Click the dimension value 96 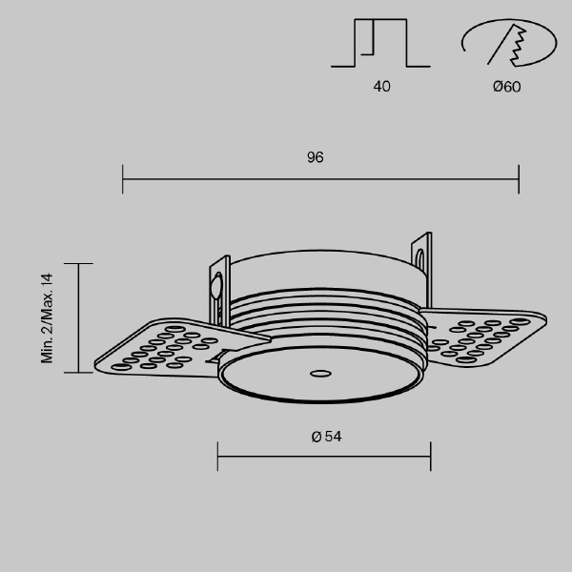pos(316,157)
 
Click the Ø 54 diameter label pos(326,437)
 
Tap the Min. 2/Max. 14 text pos(48,318)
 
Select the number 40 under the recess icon pos(381,87)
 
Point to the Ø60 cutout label pos(506,87)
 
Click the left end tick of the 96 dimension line pos(123,178)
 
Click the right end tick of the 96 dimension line pos(519,178)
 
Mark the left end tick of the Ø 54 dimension pos(218,456)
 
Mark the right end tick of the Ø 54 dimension pos(430,456)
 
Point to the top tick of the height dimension pos(78,263)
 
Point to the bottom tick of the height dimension pos(78,373)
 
